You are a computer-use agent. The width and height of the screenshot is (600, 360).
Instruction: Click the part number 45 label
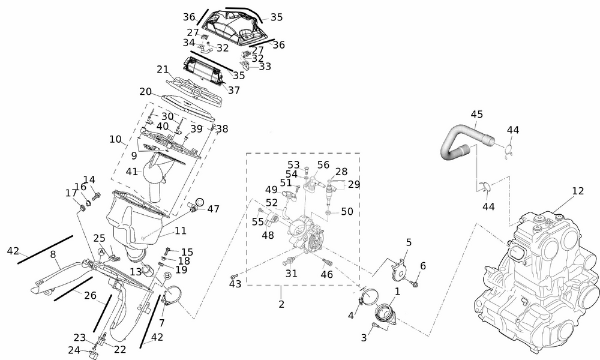tap(477, 115)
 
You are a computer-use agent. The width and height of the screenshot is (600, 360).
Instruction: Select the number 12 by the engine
tap(578, 191)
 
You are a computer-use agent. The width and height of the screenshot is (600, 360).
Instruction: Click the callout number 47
tap(214, 209)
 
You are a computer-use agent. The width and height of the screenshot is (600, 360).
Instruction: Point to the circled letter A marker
tap(102, 251)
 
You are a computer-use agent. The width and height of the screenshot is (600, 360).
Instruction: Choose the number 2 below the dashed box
tap(281, 304)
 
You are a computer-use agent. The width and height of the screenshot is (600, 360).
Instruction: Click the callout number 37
tap(234, 91)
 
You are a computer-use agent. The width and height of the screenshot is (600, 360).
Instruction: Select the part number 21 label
tap(162, 70)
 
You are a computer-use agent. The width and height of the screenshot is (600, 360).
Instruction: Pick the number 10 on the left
tap(115, 140)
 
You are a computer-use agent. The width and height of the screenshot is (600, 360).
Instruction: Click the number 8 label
tap(53, 254)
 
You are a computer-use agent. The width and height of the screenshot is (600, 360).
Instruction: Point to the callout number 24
tap(74, 350)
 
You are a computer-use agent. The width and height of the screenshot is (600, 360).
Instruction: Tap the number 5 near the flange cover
tap(409, 242)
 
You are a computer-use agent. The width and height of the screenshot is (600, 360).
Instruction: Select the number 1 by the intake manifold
tap(397, 291)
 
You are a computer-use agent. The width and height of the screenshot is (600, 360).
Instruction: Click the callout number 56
tap(323, 165)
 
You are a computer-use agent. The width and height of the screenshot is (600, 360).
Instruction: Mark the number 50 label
tap(347, 211)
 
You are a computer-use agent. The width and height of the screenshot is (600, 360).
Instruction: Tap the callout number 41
tap(132, 172)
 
